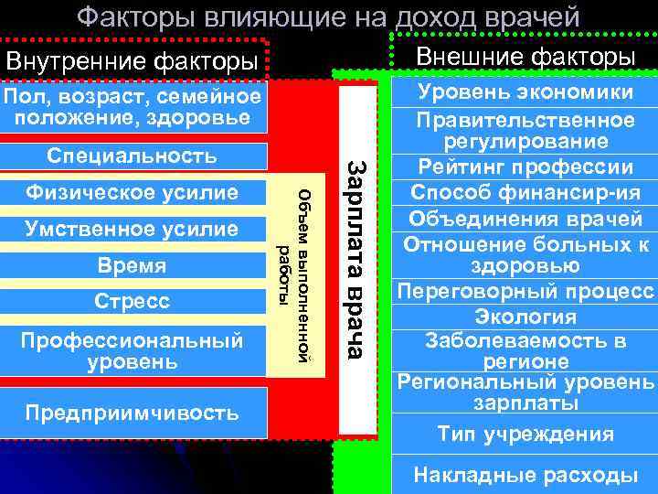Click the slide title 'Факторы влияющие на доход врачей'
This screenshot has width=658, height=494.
(x=328, y=16)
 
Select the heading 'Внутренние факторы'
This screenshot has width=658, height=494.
(x=132, y=63)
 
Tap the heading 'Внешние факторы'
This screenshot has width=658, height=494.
(x=525, y=57)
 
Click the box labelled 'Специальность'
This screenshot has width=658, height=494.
(x=133, y=156)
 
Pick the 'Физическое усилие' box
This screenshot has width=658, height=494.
(x=133, y=193)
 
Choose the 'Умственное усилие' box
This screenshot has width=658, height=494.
(x=133, y=230)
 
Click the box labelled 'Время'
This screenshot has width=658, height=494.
(x=133, y=265)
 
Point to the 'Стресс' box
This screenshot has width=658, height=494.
(x=133, y=301)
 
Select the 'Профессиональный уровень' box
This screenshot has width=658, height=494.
(x=133, y=350)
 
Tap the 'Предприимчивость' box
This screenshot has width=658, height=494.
(x=133, y=412)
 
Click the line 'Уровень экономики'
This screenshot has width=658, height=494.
(x=525, y=92)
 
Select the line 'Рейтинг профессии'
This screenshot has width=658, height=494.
(x=525, y=167)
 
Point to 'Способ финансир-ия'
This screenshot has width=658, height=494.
(x=525, y=193)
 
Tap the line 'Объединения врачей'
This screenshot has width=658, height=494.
(x=525, y=219)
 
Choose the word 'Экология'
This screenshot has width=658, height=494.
(x=525, y=317)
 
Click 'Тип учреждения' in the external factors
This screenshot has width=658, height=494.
(x=525, y=434)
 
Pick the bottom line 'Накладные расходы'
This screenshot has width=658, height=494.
(x=525, y=475)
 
